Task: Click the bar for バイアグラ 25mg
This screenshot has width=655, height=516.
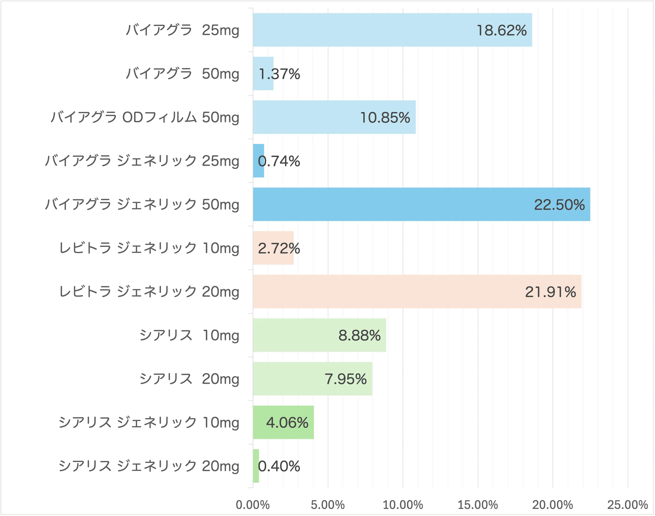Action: point(363,30)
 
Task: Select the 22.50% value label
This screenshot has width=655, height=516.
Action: point(559,205)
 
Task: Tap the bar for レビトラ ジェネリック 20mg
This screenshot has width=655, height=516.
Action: point(393,292)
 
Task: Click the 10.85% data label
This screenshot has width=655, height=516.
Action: point(385,118)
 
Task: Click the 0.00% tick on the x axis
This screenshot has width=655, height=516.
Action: point(253,505)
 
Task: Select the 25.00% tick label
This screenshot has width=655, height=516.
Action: point(628,505)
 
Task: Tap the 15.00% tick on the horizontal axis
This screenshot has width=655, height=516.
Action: point(478,505)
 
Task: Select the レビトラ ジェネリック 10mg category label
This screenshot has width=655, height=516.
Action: point(149,248)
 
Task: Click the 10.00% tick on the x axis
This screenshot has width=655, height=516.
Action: point(403,505)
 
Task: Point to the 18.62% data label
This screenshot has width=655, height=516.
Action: point(502,31)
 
